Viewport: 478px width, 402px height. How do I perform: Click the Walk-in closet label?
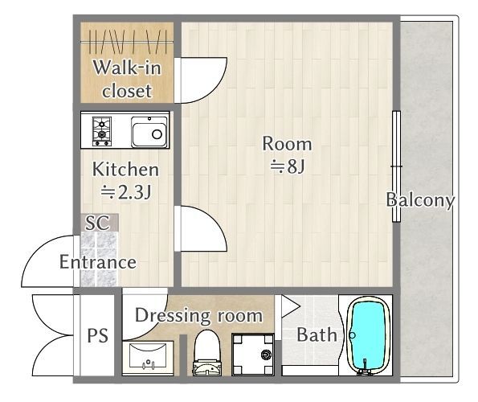[x=127, y=79]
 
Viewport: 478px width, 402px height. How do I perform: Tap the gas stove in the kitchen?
[x=102, y=132]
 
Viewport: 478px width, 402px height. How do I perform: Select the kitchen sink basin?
[x=149, y=132]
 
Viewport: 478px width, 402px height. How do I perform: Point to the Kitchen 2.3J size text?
[x=126, y=192]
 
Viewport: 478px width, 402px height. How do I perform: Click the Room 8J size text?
[x=288, y=166]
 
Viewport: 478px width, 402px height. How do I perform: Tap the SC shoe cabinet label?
[x=97, y=223]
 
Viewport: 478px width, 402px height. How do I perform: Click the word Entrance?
[x=98, y=262]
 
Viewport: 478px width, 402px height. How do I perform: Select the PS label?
[x=97, y=335]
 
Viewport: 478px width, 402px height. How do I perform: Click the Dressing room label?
[x=198, y=316]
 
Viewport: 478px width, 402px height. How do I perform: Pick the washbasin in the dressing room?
[x=148, y=358]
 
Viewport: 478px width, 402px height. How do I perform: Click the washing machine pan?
[x=253, y=355]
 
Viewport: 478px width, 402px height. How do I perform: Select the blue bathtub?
[x=370, y=335]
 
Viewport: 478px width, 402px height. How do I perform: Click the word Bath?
[x=317, y=334]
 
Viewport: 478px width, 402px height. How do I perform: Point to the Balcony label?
[x=420, y=200]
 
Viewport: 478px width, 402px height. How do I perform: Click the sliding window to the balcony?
[x=396, y=166]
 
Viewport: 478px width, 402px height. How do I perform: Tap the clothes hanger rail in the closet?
[x=127, y=42]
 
